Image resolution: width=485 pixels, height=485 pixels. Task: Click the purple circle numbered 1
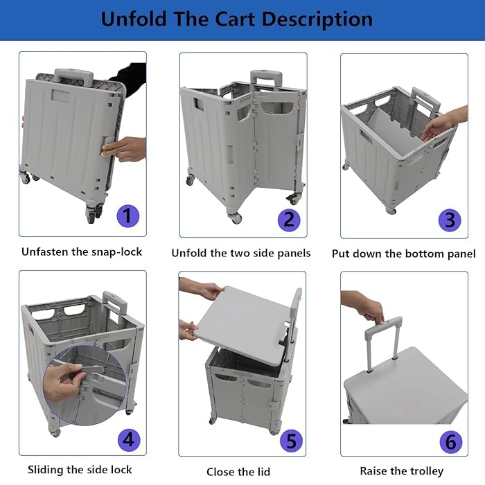pos(127,215)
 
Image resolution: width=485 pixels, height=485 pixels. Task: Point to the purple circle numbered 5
pos(290,440)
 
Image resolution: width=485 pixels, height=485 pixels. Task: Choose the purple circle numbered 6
pos(450,441)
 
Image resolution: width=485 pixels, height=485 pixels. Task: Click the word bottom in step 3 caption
pos(414,254)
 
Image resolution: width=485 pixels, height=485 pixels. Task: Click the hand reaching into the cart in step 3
pos(438,125)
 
